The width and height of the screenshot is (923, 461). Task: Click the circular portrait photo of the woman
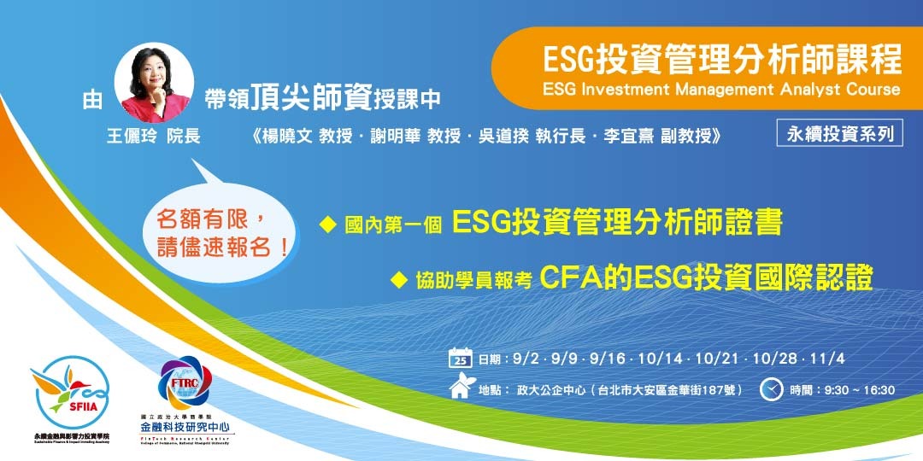[x=155, y=84]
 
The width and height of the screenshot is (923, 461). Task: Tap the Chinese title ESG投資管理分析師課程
[x=722, y=61]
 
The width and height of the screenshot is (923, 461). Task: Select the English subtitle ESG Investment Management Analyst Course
[x=721, y=89]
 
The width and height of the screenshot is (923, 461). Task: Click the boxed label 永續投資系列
[x=840, y=133]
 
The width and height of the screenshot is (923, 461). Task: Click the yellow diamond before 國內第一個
[x=326, y=225]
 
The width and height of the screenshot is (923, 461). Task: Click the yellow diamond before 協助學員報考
[x=397, y=278]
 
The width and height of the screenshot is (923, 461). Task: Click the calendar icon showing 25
[x=460, y=358]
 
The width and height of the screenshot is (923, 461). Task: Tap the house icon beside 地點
[x=460, y=389]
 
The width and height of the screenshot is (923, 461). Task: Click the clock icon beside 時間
[x=772, y=389]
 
